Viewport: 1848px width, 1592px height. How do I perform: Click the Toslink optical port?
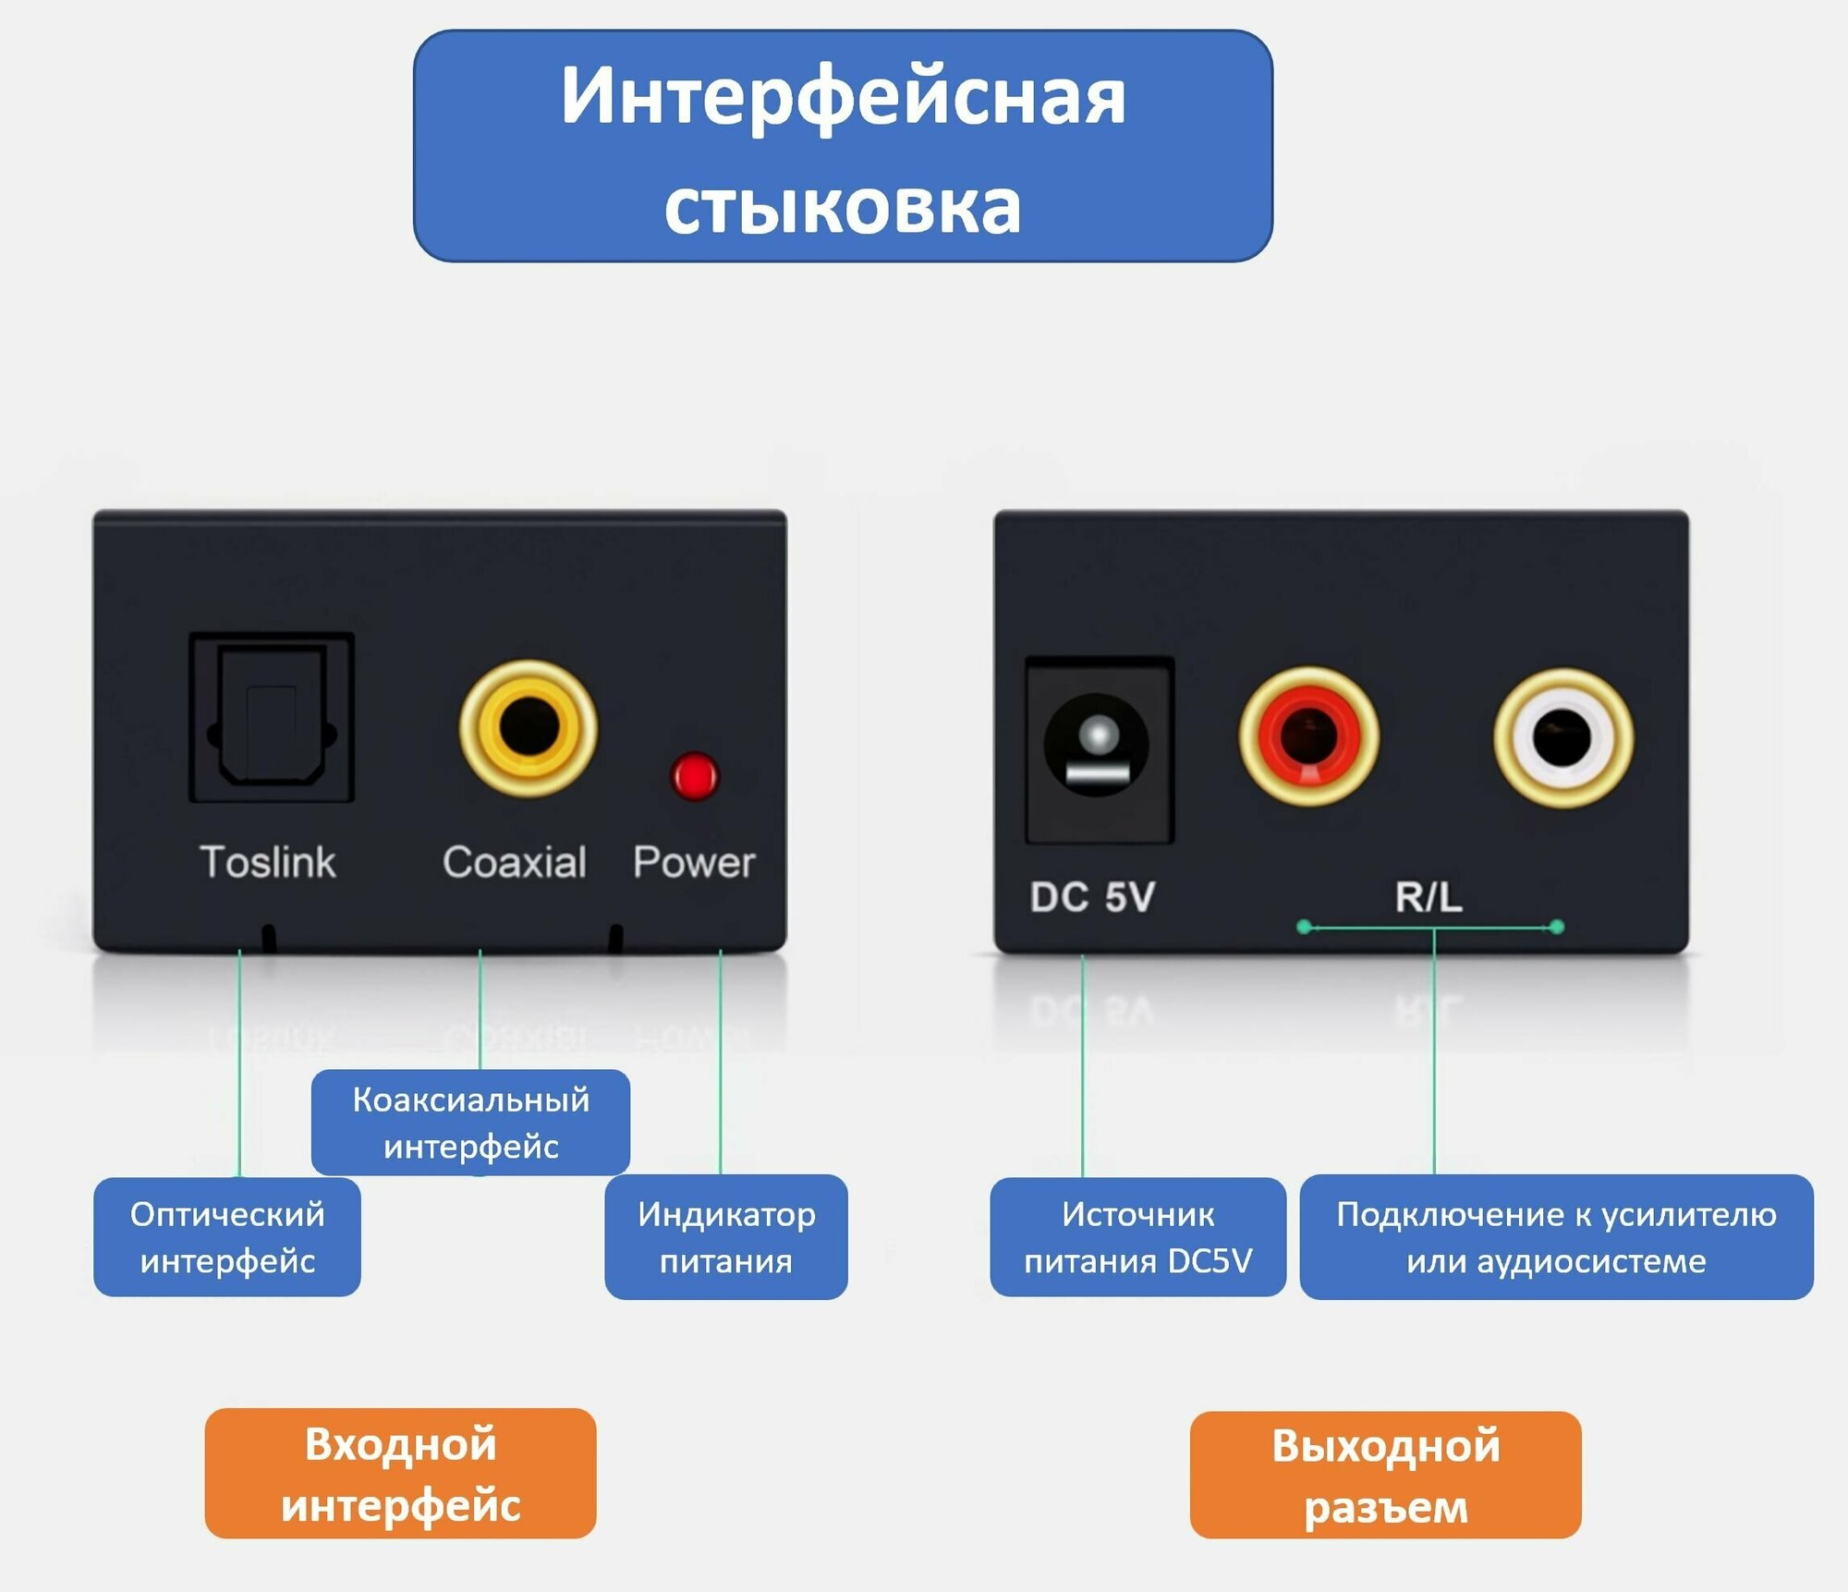click(x=272, y=717)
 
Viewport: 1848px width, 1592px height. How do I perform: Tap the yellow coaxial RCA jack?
click(x=529, y=728)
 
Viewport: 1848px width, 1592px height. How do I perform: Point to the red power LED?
click(x=694, y=776)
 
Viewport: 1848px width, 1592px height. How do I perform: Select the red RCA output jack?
click(x=1308, y=736)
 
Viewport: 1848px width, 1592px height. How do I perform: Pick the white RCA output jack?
click(x=1562, y=737)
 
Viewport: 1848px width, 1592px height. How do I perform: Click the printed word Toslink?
click(x=268, y=862)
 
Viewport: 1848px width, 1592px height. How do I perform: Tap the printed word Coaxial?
click(x=515, y=862)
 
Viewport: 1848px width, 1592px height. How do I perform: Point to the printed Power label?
click(x=694, y=862)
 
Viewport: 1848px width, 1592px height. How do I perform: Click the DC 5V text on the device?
click(x=1092, y=897)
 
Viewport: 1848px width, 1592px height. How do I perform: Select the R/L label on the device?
click(x=1429, y=896)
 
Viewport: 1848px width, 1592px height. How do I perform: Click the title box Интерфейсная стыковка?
click(x=843, y=146)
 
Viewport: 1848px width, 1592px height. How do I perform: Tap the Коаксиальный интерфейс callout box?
click(x=470, y=1122)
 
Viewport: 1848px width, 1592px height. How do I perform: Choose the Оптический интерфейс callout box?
click(x=227, y=1236)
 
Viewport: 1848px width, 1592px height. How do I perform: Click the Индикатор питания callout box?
click(x=726, y=1236)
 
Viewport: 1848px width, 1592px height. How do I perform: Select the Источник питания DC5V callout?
click(x=1137, y=1236)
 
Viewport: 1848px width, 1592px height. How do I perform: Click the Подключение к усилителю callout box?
click(x=1556, y=1236)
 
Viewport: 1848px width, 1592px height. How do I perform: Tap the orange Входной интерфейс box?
click(x=400, y=1474)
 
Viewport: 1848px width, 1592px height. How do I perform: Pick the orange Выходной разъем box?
click(x=1385, y=1476)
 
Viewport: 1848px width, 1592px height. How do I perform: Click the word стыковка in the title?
click(x=843, y=205)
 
